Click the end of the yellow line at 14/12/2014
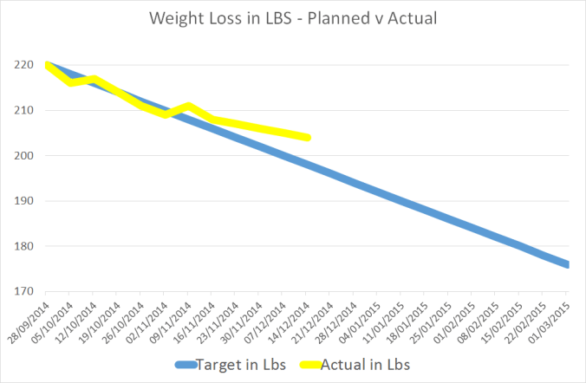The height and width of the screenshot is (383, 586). pos(308,138)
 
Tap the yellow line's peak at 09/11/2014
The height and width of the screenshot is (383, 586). pos(189,107)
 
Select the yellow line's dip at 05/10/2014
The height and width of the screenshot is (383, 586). pos(70,83)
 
